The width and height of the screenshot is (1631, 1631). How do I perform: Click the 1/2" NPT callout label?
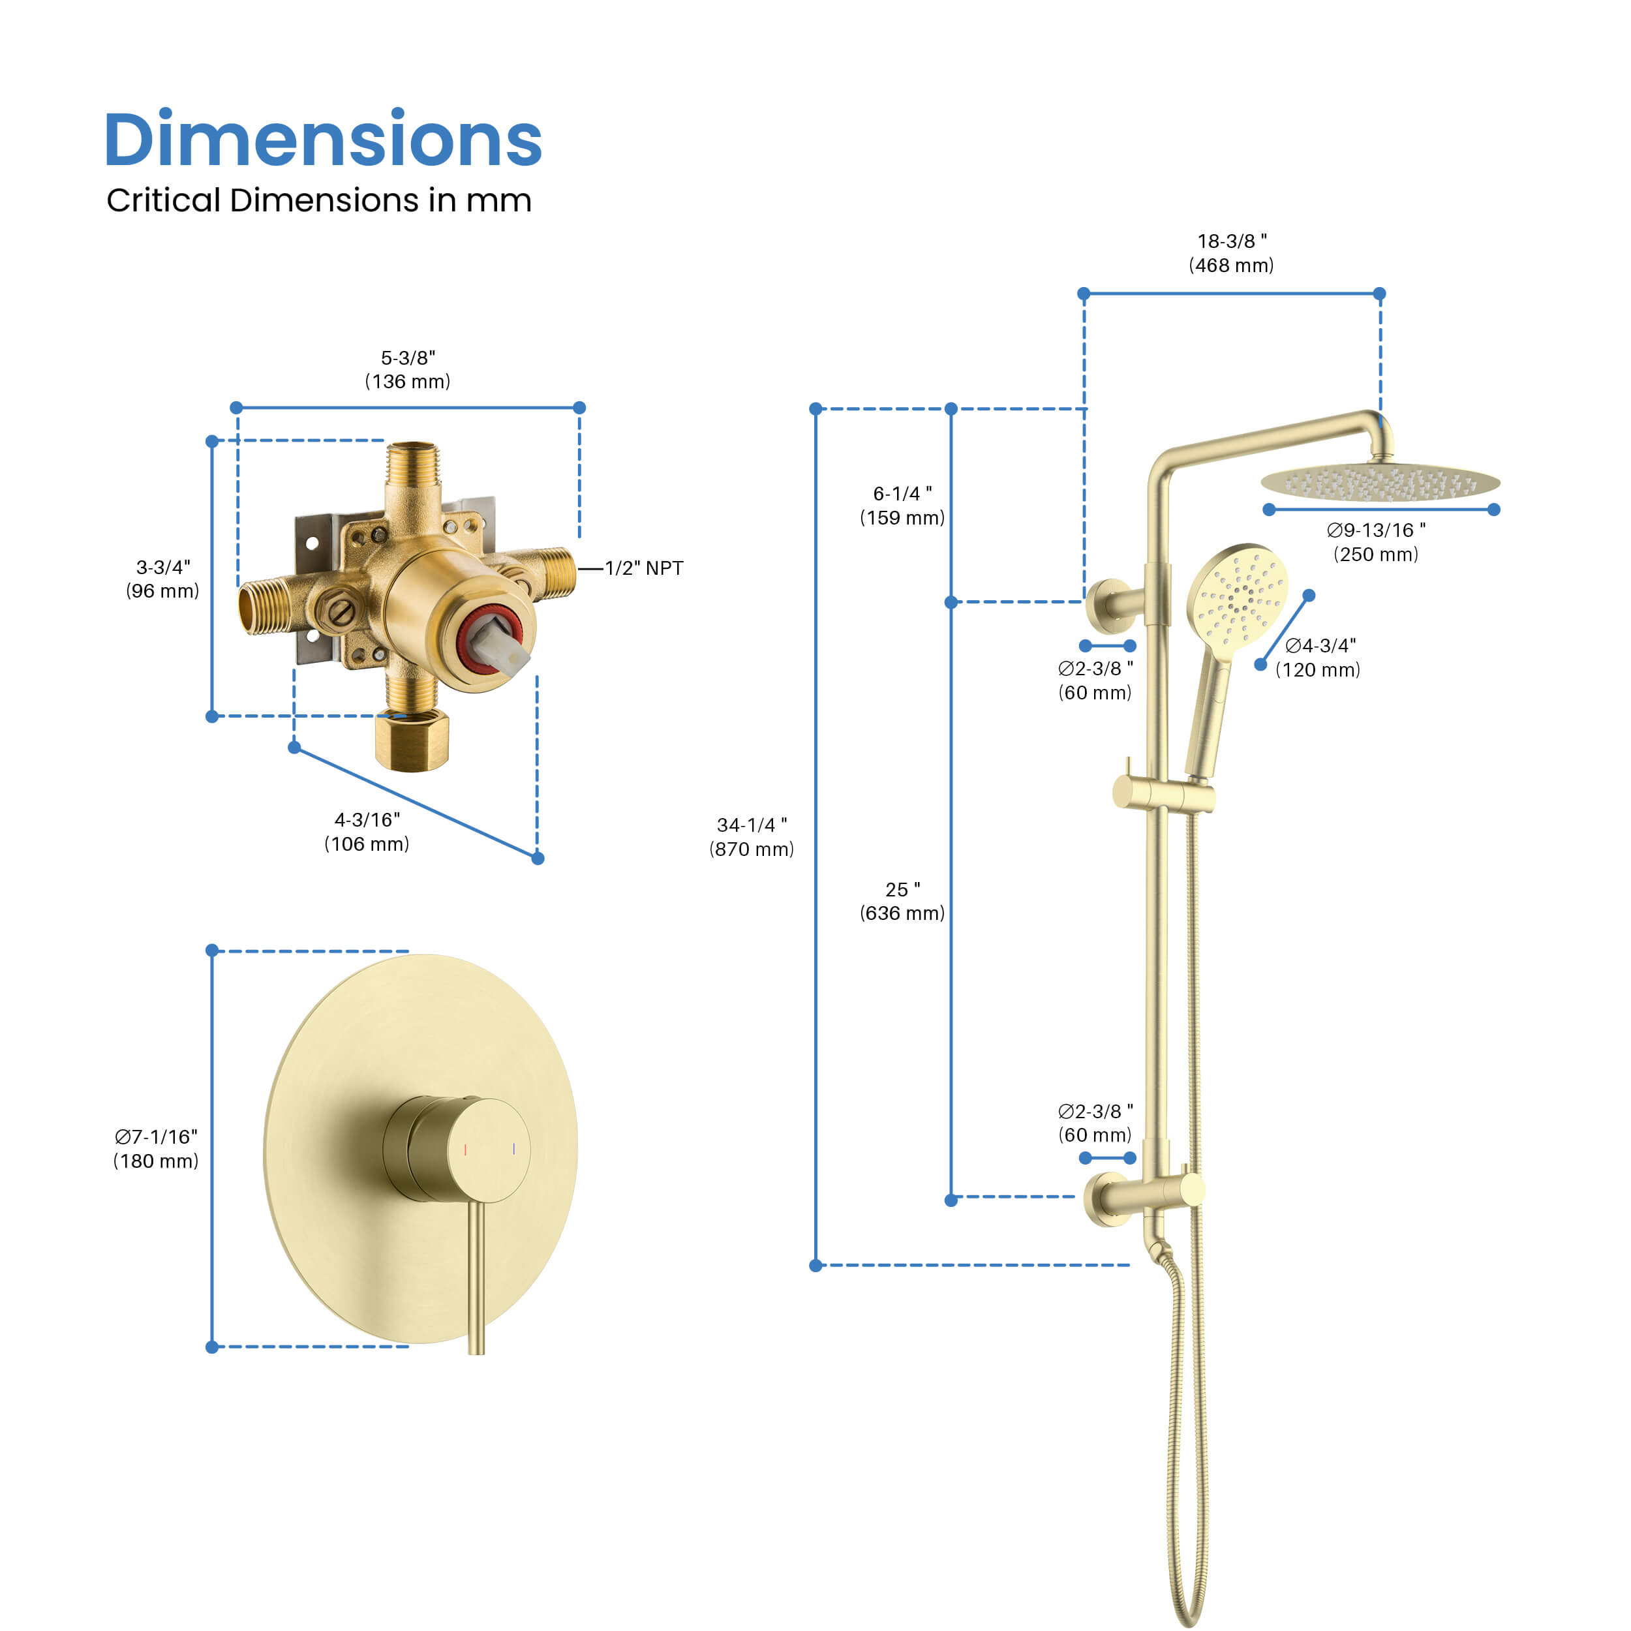[643, 568]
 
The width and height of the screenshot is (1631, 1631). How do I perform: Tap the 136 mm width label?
[408, 370]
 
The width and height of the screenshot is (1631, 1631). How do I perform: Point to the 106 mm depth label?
[367, 832]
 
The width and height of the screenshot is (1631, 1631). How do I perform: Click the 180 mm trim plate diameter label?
[156, 1149]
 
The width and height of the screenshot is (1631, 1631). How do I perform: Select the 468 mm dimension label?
[1231, 253]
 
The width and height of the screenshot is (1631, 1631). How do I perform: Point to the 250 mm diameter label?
[1375, 542]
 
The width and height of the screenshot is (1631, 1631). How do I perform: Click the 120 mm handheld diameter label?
[1318, 658]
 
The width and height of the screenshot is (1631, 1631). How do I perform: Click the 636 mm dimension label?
[902, 901]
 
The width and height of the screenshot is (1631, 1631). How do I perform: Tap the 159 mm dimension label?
[902, 506]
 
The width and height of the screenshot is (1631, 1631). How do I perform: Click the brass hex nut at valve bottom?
[411, 741]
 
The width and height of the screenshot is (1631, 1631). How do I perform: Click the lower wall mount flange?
[1106, 1198]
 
